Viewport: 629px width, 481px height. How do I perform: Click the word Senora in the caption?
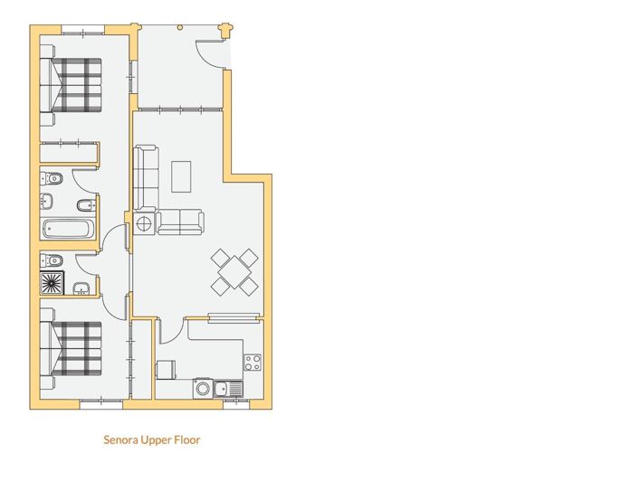point(124,440)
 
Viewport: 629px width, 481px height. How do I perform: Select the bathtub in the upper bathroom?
point(67,228)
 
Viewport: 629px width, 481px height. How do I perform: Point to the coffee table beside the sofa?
point(182,175)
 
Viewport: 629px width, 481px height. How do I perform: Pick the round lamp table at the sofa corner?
point(144,222)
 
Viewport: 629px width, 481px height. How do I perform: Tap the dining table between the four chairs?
point(235,270)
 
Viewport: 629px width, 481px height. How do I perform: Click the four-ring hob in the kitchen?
point(252,363)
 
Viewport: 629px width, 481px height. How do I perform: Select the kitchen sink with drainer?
point(218,389)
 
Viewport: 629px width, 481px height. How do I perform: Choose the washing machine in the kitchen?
point(166,370)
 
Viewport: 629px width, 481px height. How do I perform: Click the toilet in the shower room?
point(51,260)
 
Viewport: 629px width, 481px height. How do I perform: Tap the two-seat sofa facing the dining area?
point(180,222)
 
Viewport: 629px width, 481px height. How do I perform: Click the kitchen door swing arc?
point(169,332)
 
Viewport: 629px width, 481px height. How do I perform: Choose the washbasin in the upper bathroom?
point(49,202)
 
